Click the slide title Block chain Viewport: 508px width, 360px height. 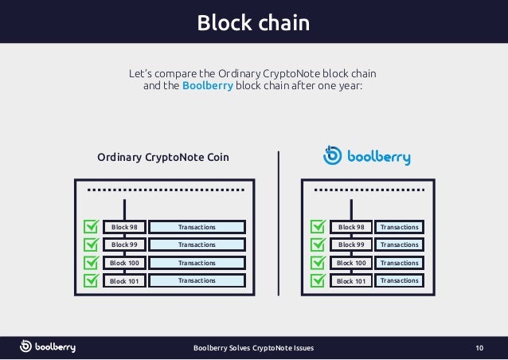pos(253,22)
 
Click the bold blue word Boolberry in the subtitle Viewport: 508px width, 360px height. pos(207,87)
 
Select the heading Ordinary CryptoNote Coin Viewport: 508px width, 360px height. pos(163,157)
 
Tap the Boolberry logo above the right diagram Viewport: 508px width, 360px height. pos(367,156)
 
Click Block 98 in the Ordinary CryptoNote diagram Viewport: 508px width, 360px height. pos(124,227)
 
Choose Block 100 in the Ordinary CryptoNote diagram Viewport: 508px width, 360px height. pos(124,263)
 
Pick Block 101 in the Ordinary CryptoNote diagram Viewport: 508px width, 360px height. pos(124,280)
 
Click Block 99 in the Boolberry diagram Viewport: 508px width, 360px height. pos(351,245)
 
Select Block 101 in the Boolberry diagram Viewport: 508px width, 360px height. pos(351,280)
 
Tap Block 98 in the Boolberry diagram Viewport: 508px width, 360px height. pos(351,227)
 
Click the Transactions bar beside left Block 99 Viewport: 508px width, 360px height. pos(197,245)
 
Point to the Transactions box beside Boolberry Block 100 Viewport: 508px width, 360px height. pos(400,263)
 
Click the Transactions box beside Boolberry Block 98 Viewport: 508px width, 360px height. pos(400,227)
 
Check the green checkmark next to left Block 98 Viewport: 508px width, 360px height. pos(92,227)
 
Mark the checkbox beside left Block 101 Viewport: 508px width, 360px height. pos(92,280)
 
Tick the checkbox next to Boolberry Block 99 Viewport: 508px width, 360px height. pos(318,245)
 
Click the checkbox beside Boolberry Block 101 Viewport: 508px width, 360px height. pos(318,280)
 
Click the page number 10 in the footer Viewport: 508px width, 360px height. pos(479,348)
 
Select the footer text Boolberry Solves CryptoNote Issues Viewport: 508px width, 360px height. pos(254,348)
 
